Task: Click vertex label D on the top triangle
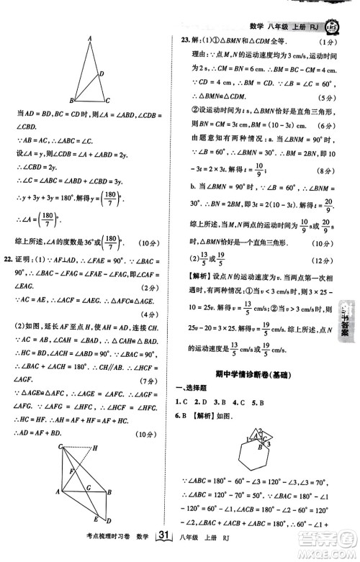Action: coord(102,73)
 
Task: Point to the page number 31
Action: coord(162,553)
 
